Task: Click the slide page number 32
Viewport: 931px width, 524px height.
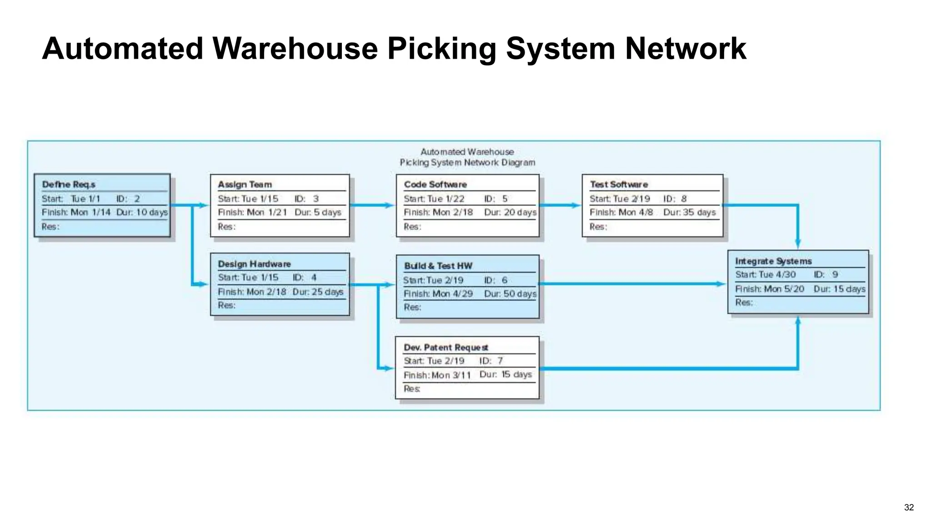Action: click(x=909, y=508)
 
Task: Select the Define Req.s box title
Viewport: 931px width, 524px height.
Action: click(x=69, y=184)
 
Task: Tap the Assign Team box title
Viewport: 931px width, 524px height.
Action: click(x=245, y=184)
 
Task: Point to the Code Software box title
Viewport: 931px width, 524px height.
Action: click(x=435, y=184)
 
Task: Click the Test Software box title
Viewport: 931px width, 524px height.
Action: click(x=619, y=184)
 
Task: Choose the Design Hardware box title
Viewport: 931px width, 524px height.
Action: click(x=254, y=264)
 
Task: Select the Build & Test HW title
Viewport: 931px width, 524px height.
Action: click(x=438, y=266)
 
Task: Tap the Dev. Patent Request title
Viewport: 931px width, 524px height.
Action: click(x=446, y=348)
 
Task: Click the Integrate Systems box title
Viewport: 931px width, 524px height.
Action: click(x=773, y=261)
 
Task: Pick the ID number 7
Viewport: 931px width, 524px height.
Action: click(x=500, y=361)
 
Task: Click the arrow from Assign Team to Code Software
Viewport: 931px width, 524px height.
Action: click(x=372, y=205)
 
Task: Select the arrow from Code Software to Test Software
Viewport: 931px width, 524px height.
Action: click(x=560, y=205)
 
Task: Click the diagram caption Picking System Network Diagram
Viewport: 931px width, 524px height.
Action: click(x=467, y=162)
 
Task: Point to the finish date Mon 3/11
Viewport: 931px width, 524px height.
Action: click(x=451, y=375)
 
